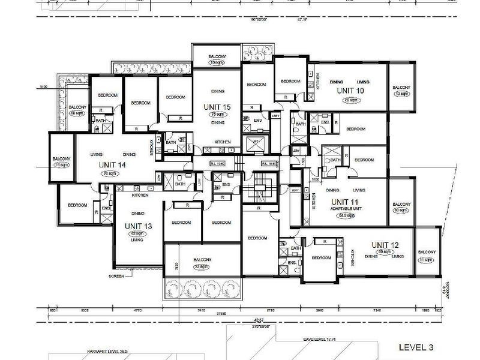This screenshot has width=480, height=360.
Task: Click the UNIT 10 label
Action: point(350,90)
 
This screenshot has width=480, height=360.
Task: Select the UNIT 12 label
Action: point(384,244)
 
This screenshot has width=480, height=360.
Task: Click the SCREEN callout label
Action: point(117,276)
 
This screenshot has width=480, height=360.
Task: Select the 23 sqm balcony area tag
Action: point(202,268)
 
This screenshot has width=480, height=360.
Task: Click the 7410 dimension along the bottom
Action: point(200,311)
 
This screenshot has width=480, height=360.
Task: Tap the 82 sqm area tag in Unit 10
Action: point(350,100)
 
